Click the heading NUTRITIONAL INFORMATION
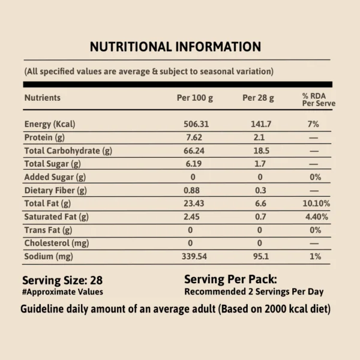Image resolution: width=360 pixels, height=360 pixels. [x=175, y=47]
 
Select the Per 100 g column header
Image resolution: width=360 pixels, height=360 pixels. [x=194, y=98]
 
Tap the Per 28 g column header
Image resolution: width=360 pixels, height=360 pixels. [x=259, y=98]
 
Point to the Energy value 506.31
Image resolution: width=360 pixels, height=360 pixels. [x=194, y=124]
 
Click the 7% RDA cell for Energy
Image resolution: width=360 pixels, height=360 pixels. [x=314, y=124]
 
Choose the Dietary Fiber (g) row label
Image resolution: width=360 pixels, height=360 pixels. [x=55, y=190]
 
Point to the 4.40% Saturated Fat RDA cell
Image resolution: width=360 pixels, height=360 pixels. [x=315, y=217]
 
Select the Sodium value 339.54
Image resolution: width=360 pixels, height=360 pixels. [x=194, y=257]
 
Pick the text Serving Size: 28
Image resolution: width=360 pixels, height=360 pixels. [x=62, y=280]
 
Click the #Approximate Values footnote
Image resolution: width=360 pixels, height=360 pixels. [x=62, y=292]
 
